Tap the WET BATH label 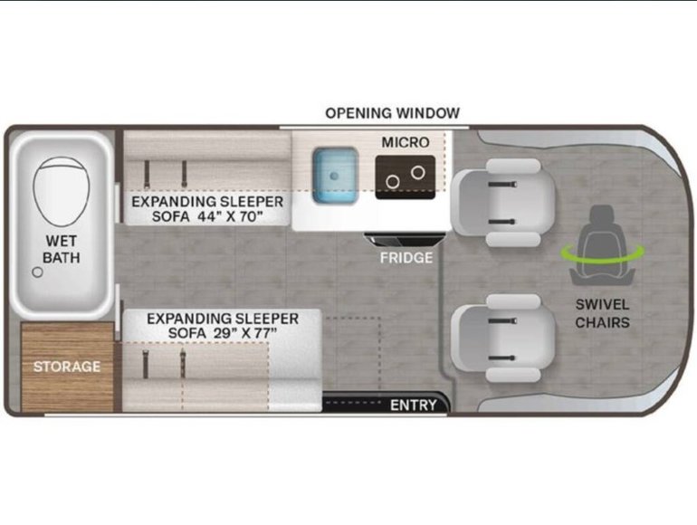[x=62, y=249]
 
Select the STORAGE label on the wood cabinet [x=67, y=367]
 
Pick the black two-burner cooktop [x=406, y=173]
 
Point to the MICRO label [x=405, y=143]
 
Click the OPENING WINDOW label [x=393, y=113]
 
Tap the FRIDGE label [x=406, y=257]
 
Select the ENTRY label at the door [x=414, y=405]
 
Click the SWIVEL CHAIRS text [x=601, y=313]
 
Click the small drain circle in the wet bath [x=37, y=271]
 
